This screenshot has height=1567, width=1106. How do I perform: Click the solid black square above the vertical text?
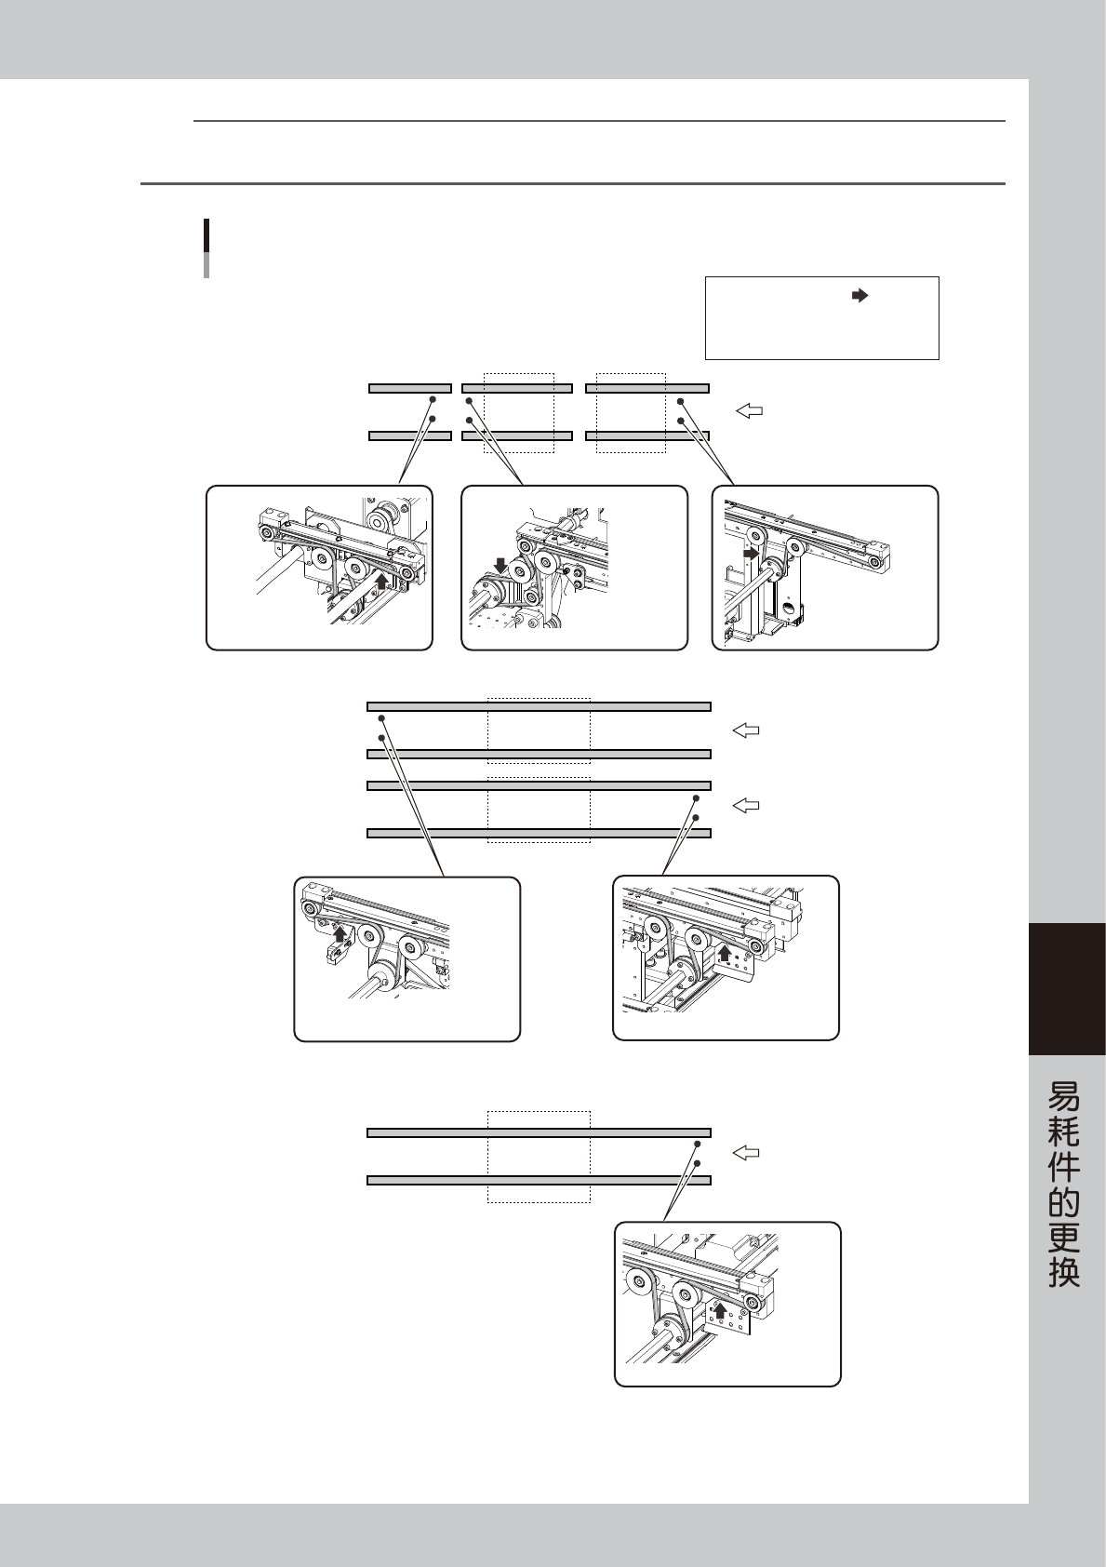(1067, 988)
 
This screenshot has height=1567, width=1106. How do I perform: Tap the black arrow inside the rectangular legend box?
(859, 295)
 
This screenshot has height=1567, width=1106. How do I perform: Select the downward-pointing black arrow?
(501, 565)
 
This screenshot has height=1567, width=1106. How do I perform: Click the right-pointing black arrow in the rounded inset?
(750, 553)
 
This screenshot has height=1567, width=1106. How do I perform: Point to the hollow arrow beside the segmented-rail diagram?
(750, 409)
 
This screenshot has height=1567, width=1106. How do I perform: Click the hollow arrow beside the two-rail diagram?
(746, 1154)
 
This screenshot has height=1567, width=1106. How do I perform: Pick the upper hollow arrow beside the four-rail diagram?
(746, 731)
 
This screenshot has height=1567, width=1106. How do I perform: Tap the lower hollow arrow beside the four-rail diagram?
(746, 805)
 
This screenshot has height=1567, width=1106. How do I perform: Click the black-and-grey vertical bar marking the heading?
(206, 248)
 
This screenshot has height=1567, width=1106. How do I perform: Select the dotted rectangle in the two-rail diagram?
(539, 1157)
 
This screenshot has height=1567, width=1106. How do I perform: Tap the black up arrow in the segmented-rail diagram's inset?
(381, 583)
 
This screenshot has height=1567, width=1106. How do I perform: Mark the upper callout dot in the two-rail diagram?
(698, 1143)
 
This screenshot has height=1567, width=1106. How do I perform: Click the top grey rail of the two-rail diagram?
(539, 1132)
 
